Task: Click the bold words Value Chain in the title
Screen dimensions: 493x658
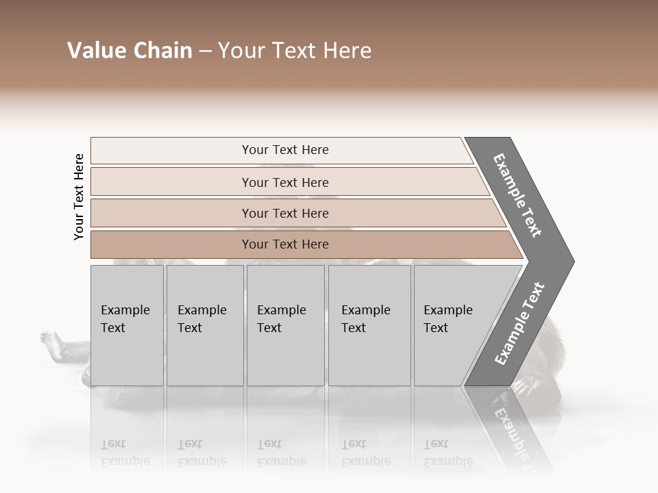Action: click(x=130, y=51)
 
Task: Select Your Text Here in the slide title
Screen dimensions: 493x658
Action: click(x=295, y=51)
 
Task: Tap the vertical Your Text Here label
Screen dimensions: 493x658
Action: click(x=79, y=197)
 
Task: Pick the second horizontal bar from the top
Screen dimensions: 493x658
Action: click(x=284, y=182)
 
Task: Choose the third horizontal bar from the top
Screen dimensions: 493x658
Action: click(x=284, y=213)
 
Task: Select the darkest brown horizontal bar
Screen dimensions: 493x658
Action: click(x=284, y=244)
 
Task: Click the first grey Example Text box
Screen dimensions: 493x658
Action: click(x=127, y=325)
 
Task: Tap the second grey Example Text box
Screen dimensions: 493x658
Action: click(x=204, y=325)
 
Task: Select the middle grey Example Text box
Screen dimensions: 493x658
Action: click(x=285, y=325)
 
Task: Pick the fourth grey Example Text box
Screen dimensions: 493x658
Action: click(x=369, y=325)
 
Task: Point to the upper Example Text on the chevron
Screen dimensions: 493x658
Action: click(x=517, y=195)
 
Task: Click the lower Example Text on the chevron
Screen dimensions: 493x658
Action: click(x=520, y=324)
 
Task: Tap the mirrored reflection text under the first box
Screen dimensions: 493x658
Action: click(x=125, y=452)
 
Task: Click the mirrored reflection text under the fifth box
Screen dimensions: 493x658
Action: click(x=448, y=452)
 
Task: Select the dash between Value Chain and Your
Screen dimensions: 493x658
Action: click(x=205, y=51)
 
